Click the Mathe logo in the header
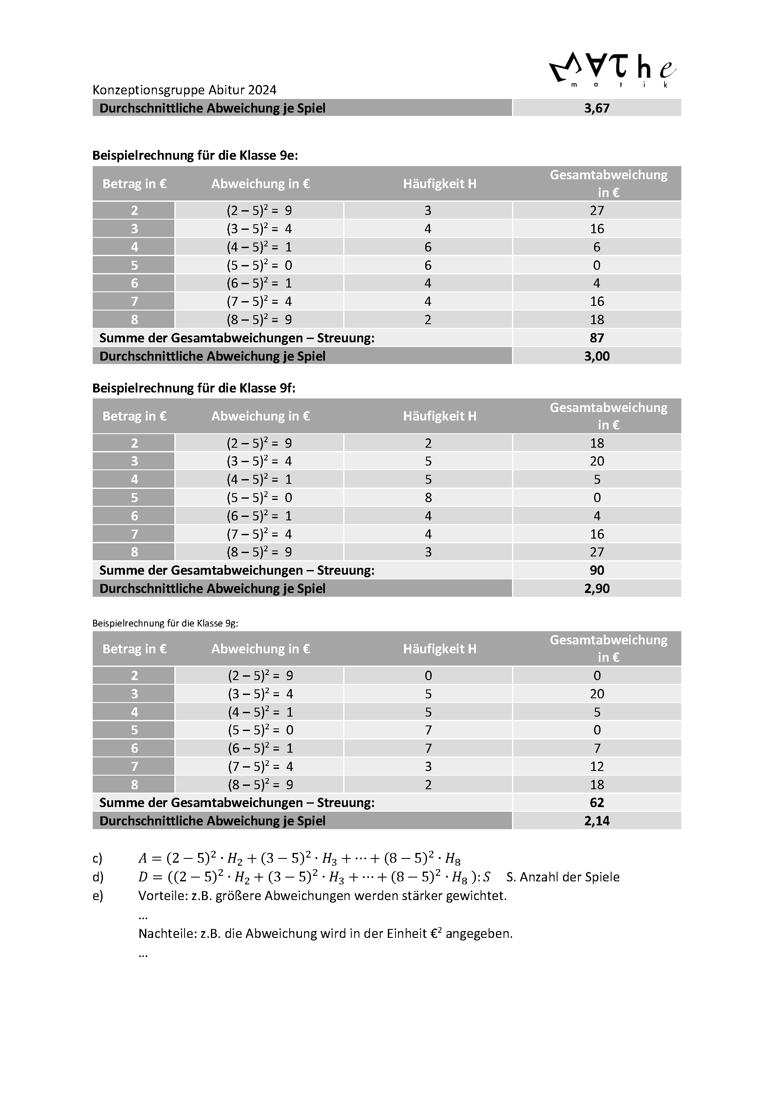[x=612, y=71]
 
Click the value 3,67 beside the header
[x=596, y=108]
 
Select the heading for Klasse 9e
[x=195, y=155]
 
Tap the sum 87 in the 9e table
[x=596, y=338]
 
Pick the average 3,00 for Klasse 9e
[x=596, y=356]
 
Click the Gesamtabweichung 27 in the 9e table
[x=596, y=210]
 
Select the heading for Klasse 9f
[x=194, y=388]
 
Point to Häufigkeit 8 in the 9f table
[x=428, y=498]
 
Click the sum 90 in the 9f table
[x=596, y=570]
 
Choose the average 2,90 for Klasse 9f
[x=596, y=589]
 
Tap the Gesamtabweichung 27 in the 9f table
[x=596, y=552]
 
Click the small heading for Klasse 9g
[x=165, y=623]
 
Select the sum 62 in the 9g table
[x=596, y=803]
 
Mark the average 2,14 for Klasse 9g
[x=596, y=821]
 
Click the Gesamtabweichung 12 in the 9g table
[x=596, y=767]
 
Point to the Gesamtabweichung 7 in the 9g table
[x=596, y=748]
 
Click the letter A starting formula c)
[x=142, y=859]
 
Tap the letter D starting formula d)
[x=142, y=878]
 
